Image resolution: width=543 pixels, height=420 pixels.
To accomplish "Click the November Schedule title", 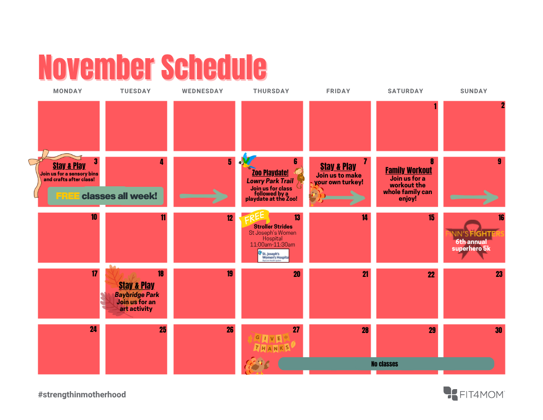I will pos(152,67).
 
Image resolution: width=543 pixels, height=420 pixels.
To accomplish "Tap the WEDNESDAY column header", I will pos(203,91).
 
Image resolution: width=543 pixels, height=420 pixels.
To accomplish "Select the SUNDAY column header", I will pos(474,91).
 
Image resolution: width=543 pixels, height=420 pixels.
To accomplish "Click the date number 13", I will pos(297,218).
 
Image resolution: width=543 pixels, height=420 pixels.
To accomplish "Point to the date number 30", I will pos(498,330).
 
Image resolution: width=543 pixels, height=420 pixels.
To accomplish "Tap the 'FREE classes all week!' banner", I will pos(105,196).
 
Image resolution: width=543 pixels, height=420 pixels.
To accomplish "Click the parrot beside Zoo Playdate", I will pos(248,161).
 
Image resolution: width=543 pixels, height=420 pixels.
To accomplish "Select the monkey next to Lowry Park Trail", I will pos(299,178).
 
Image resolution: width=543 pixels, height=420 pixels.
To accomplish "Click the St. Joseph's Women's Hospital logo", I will pos(273,255).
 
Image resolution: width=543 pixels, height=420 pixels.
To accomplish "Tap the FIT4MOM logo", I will pos(474,394).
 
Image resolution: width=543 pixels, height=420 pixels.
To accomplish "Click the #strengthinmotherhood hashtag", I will pos(82,395).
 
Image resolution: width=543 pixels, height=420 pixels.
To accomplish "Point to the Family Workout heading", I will pos(408,170).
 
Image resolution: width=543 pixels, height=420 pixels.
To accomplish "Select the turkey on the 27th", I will pos(257,365).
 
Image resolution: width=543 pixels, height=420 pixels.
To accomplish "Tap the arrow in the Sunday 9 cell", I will pos(474,197).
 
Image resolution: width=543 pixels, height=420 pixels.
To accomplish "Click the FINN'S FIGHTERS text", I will pos(475,234).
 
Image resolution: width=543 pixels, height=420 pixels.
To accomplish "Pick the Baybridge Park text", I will pos(137,295).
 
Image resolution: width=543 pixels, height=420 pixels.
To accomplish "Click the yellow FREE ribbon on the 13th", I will pos(253,218).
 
